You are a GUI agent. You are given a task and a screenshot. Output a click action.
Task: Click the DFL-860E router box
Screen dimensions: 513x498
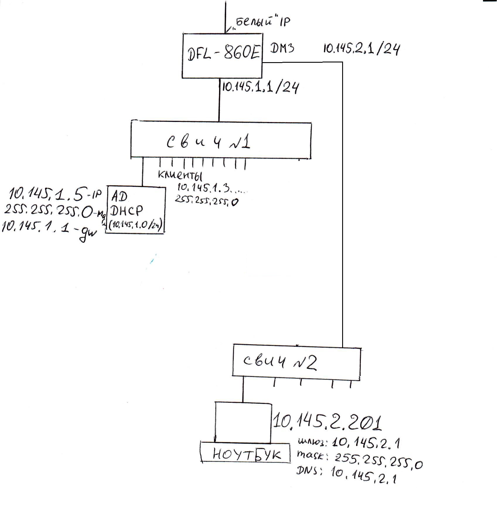(x=222, y=55)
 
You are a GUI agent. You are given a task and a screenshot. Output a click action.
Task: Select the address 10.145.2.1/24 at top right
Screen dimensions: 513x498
(x=361, y=49)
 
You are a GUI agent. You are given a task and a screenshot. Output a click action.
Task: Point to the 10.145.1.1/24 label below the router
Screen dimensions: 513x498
(x=260, y=87)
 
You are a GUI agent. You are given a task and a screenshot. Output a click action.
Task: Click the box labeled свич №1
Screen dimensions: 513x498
(x=221, y=140)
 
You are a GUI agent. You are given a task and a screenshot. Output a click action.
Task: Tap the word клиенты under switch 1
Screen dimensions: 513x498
(x=180, y=175)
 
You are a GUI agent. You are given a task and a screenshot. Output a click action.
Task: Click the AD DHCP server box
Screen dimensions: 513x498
(x=136, y=210)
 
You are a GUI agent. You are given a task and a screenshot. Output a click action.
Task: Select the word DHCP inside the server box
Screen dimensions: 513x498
(x=127, y=211)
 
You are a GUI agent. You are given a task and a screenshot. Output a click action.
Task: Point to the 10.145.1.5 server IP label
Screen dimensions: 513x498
(x=55, y=194)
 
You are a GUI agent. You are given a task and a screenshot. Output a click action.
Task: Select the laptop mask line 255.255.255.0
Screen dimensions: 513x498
(x=360, y=459)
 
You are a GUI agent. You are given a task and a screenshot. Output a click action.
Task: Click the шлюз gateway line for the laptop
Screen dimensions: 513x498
(x=349, y=443)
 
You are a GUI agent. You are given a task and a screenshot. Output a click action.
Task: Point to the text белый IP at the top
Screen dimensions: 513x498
(x=262, y=22)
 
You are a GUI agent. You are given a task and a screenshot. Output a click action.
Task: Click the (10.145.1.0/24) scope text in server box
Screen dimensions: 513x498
(x=136, y=225)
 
